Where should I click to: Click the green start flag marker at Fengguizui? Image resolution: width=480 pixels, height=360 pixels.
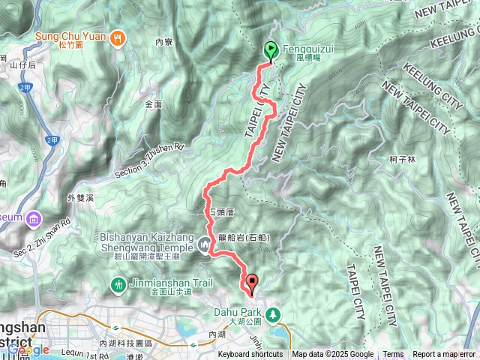pyautogui.click(x=270, y=51)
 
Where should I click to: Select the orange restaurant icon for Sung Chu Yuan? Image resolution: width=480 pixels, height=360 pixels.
pyautogui.click(x=118, y=37)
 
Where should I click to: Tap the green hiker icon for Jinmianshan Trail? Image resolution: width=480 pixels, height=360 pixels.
pyautogui.click(x=118, y=284)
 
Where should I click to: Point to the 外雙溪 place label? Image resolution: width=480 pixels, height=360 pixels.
pyautogui.click(x=80, y=198)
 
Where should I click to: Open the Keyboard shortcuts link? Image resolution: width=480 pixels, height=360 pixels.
pyautogui.click(x=250, y=355)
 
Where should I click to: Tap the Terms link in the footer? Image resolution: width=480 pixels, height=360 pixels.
pyautogui.click(x=393, y=355)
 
